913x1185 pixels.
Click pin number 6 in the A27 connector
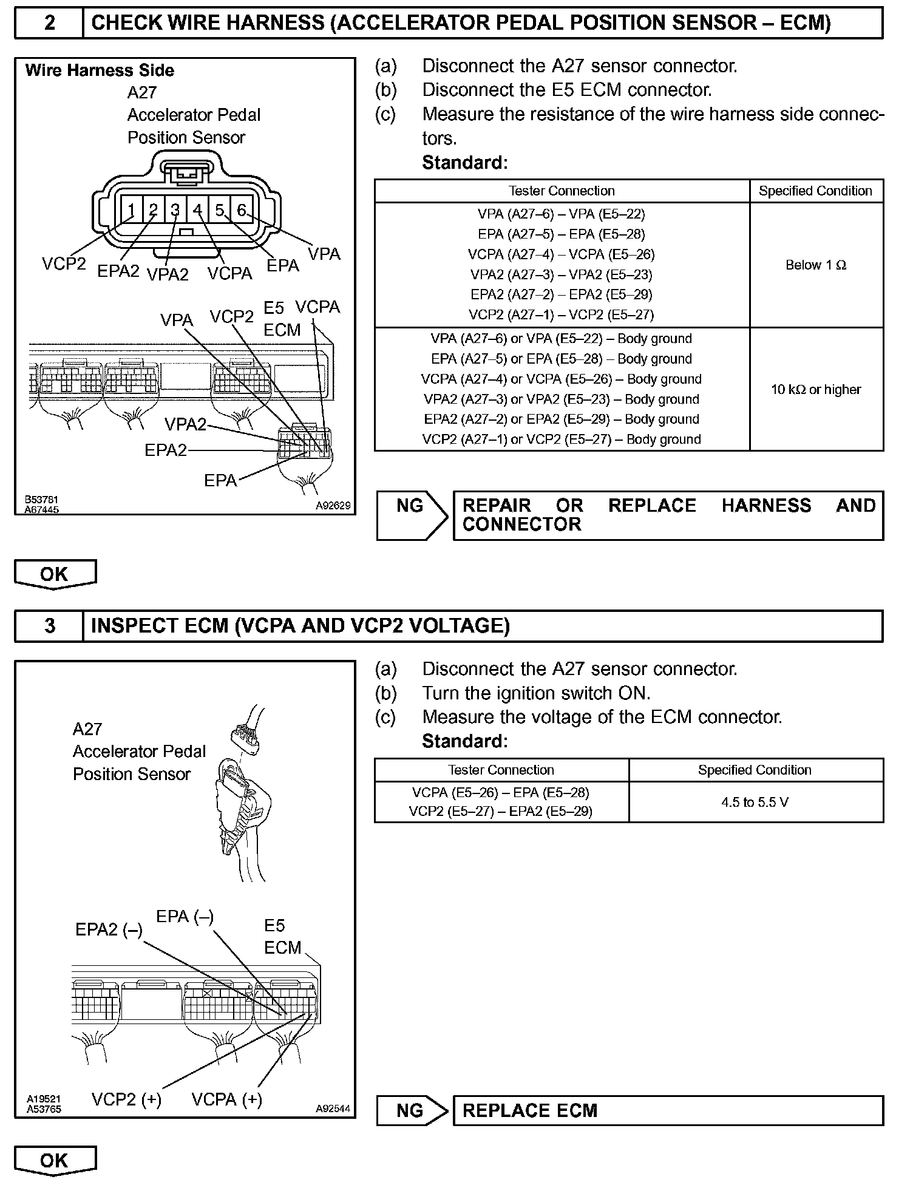point(242,210)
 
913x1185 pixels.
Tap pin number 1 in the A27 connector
point(131,211)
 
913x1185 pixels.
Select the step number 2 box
point(50,23)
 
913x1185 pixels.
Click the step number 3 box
point(50,626)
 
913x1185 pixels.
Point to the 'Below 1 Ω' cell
point(816,265)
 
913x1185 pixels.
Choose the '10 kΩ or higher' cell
point(816,390)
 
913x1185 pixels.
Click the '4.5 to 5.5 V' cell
point(755,803)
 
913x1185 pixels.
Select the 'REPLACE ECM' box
point(668,1110)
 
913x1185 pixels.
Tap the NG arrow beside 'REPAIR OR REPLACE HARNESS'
point(412,515)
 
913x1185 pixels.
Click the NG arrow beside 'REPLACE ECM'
point(412,1110)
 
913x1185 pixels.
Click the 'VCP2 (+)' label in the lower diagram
point(127,1099)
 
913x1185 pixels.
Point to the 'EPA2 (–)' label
point(109,929)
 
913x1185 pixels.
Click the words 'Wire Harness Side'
point(100,70)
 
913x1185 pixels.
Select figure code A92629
point(333,505)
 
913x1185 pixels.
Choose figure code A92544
point(333,1109)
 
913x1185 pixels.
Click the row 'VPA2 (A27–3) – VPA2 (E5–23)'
point(562,274)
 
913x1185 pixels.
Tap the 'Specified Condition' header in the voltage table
point(755,770)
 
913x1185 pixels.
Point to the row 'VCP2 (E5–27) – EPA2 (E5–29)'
point(501,811)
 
